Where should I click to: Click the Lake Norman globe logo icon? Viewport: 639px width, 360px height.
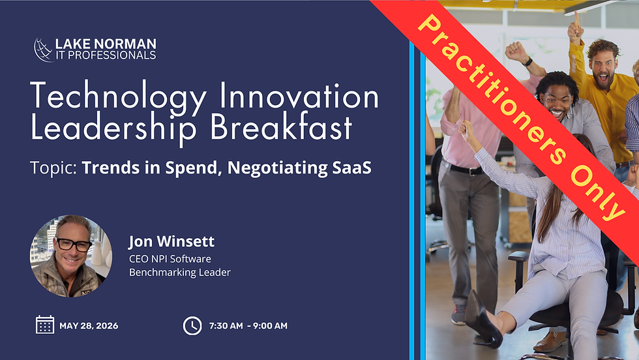44,50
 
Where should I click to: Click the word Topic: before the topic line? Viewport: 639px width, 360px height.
53,168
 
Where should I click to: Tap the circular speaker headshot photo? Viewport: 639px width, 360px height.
67,256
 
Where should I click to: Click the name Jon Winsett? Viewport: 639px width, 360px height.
171,242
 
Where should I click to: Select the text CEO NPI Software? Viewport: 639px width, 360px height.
170,259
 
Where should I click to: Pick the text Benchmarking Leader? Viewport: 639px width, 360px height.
179,272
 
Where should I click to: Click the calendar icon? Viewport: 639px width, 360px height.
45,325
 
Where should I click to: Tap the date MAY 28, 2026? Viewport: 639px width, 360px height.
89,325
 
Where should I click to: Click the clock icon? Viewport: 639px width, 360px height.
192,325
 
